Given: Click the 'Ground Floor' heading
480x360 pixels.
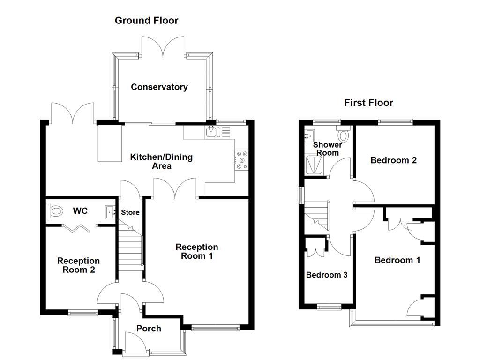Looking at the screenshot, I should [x=146, y=20].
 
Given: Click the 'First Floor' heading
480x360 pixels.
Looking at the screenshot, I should [x=368, y=103].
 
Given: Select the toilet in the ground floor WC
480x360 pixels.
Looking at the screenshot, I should [x=55, y=211].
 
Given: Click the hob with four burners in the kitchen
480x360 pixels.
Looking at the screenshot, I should [x=242, y=159].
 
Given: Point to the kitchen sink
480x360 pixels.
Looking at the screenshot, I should [x=211, y=132].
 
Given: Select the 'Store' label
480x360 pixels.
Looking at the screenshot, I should [x=130, y=212].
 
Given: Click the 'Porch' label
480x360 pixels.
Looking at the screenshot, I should [x=149, y=329].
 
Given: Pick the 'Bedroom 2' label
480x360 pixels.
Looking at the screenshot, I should [x=393, y=160].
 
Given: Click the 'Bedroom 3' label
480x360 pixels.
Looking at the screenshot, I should [x=327, y=275].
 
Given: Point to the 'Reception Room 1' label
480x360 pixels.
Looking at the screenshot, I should [x=197, y=251].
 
